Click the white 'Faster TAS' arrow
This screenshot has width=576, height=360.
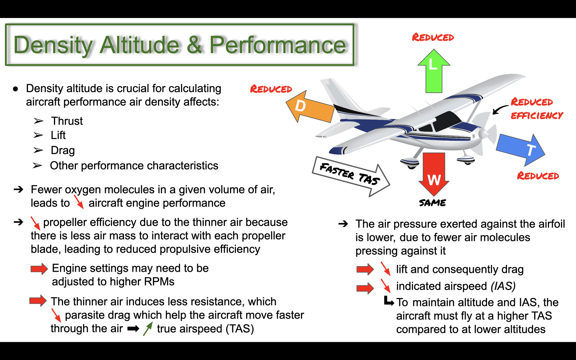coord(351,176)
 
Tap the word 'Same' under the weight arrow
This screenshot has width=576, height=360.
coord(432,203)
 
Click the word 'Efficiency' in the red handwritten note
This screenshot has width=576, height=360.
coord(537,116)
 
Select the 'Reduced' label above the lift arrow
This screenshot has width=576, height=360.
coord(433,37)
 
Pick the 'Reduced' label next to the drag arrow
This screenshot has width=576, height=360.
coord(271,89)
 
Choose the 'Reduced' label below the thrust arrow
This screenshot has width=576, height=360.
coord(538,176)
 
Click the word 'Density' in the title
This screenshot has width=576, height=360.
coord(53,45)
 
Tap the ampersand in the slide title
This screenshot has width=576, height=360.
coord(194,45)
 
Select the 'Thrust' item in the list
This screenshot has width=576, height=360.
coord(67,121)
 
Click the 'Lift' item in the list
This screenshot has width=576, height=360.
coord(58,135)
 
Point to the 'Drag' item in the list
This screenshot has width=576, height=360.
coord(63,150)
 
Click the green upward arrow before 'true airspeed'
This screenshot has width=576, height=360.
coord(148,329)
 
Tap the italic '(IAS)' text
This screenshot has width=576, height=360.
coord(503,286)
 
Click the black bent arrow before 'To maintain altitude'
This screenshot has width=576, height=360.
coord(389,301)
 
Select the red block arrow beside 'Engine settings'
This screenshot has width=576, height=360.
coord(39,269)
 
